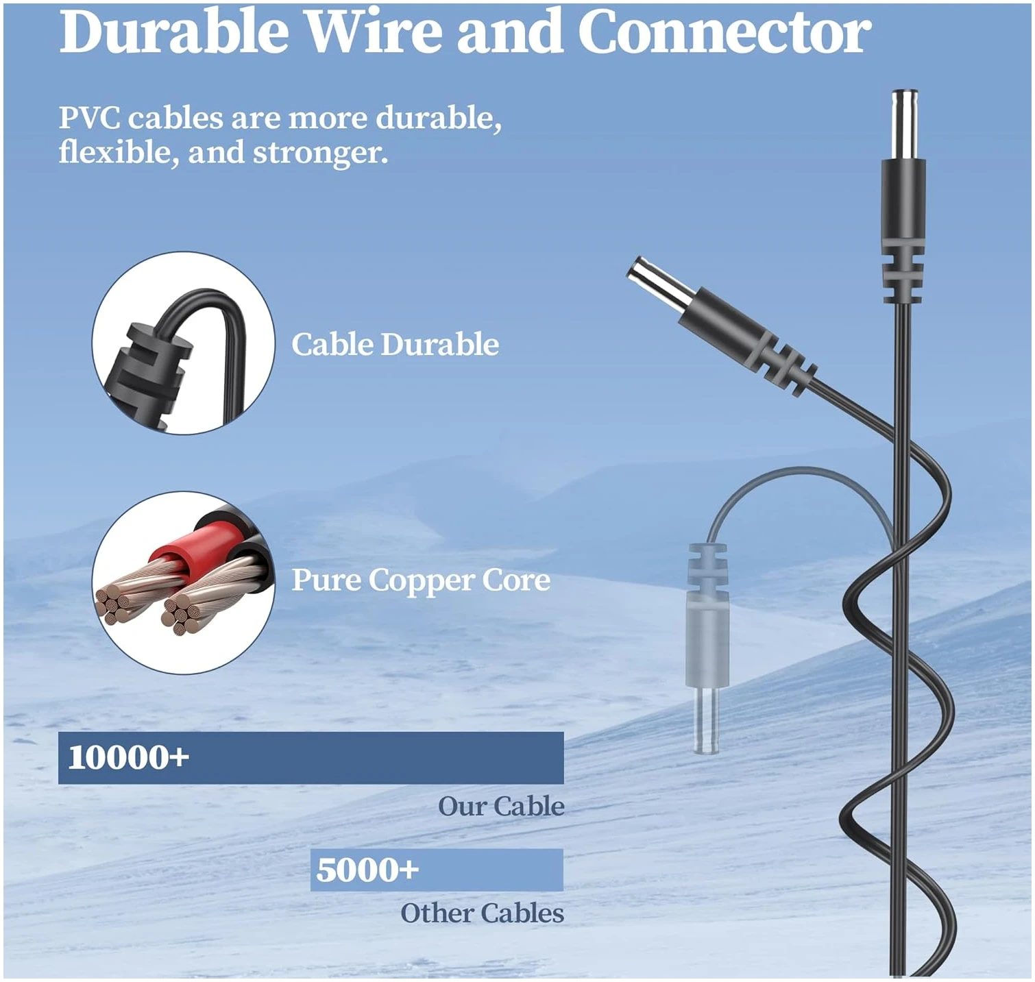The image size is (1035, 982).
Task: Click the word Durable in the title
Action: [174, 32]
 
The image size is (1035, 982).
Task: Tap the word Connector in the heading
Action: [724, 32]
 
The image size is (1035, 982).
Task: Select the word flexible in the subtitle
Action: [118, 152]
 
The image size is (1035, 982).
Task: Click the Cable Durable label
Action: [395, 344]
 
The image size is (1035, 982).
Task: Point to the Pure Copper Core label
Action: [421, 580]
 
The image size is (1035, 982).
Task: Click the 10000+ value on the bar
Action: [128, 757]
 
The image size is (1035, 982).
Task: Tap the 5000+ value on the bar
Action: [367, 870]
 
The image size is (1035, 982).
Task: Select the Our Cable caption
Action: [501, 806]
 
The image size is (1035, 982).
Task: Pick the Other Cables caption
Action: [482, 913]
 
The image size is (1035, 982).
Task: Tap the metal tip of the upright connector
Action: [903, 124]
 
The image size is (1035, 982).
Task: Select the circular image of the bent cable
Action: [184, 343]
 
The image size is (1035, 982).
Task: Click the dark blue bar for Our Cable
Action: [310, 757]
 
